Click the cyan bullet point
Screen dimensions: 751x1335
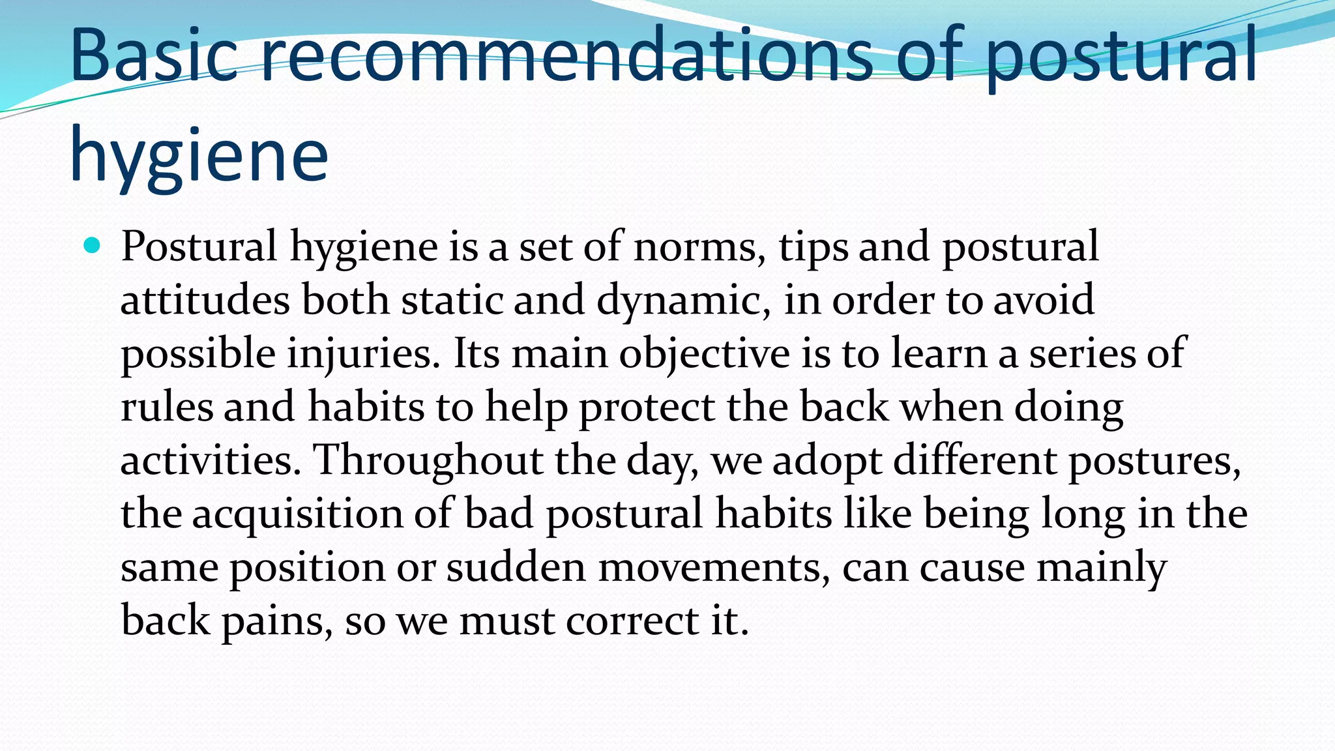point(92,246)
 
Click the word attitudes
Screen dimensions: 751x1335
point(205,301)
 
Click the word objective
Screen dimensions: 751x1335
point(704,355)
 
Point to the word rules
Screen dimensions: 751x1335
point(167,407)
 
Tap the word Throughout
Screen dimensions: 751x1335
point(428,461)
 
